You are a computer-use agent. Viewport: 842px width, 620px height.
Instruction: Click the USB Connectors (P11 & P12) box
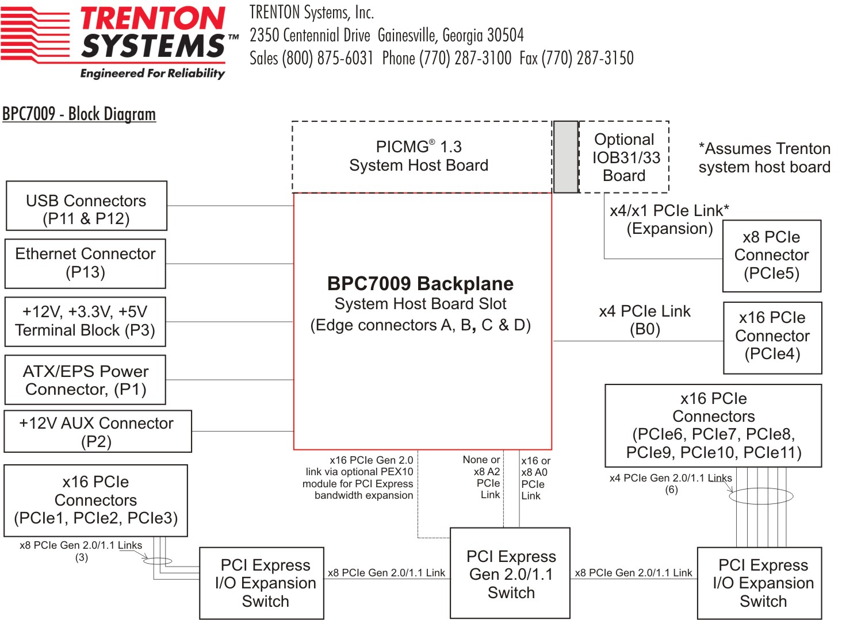tap(86, 206)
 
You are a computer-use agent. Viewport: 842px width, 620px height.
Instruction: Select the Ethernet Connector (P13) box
tap(85, 263)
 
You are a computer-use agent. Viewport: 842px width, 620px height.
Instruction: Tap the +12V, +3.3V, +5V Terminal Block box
tap(85, 321)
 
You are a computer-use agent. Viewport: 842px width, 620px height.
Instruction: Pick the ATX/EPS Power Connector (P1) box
tap(85, 380)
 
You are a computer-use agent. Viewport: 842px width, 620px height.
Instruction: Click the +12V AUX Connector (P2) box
tap(97, 432)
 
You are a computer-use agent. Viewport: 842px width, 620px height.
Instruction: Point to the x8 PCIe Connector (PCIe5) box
tap(771, 256)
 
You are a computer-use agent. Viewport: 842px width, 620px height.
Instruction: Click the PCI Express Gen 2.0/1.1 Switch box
tap(510, 573)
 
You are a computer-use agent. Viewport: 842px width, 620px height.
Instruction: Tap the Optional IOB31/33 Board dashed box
tap(625, 157)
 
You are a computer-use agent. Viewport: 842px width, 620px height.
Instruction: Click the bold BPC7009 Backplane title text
tap(420, 284)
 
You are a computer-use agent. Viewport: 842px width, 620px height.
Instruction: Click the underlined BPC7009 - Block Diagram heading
tap(79, 114)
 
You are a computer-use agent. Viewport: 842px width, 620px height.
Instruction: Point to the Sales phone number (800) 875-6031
tap(327, 58)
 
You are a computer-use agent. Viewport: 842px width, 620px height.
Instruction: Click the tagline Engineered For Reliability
tap(152, 74)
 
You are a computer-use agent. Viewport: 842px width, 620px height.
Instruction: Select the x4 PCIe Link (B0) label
tap(645, 320)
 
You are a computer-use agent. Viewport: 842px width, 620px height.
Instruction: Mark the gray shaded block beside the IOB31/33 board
tap(565, 157)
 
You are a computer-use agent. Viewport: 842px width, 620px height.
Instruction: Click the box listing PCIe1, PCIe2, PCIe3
tap(95, 500)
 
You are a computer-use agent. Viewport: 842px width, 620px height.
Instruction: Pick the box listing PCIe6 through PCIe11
tap(713, 426)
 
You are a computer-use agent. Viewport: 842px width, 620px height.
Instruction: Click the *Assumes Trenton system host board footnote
tap(764, 157)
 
